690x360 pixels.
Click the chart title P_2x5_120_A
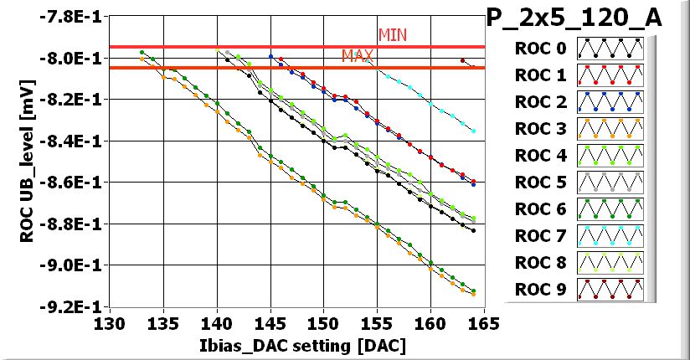(x=574, y=18)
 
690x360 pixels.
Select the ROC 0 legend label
(x=539, y=49)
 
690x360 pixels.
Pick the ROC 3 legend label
(x=539, y=129)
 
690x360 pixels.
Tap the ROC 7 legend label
(x=539, y=237)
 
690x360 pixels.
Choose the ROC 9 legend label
(x=539, y=291)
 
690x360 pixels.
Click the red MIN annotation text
(x=392, y=35)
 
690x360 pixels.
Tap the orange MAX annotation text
(x=357, y=56)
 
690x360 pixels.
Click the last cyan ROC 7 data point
(x=473, y=131)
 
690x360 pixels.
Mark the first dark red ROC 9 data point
(x=462, y=60)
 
